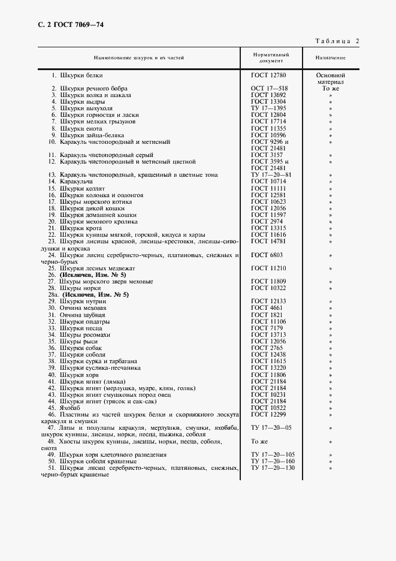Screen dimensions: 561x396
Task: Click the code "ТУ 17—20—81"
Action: tap(271, 175)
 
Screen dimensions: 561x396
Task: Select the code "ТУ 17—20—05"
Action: tap(271, 428)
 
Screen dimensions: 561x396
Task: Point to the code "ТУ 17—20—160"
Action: tap(273, 462)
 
